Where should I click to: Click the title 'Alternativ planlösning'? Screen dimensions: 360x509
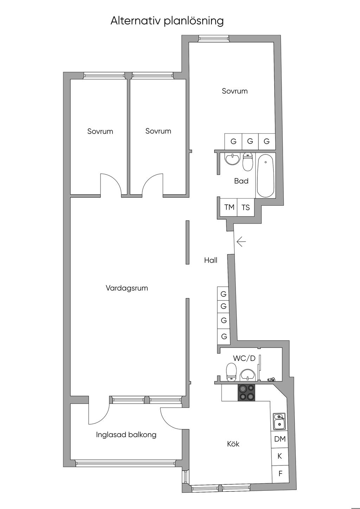[167, 21]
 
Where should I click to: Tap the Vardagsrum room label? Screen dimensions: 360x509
[127, 288]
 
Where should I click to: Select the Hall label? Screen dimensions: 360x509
[211, 260]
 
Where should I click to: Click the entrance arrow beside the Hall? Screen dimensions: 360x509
[241, 242]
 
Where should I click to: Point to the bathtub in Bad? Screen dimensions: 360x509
[265, 175]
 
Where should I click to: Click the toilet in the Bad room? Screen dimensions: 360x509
[248, 161]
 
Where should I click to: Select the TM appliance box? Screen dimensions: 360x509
[229, 207]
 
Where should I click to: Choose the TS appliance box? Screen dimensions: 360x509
[245, 207]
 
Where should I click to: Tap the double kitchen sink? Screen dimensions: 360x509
[279, 421]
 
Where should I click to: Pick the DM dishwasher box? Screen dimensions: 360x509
[280, 439]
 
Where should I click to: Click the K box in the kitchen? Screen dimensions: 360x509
[280, 456]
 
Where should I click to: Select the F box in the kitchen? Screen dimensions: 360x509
[280, 473]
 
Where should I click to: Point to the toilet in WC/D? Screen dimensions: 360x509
[231, 372]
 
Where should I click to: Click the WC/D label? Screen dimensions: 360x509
[244, 358]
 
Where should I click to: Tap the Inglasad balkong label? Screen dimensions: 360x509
[126, 434]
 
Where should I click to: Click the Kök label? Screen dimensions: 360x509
[233, 444]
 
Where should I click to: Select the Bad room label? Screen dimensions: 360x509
[241, 181]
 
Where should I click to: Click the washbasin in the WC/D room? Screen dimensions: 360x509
[248, 375]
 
